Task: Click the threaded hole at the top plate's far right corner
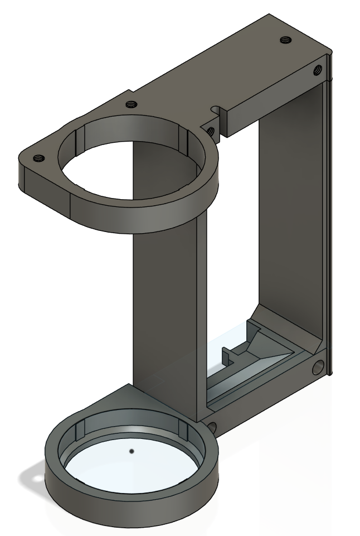pos(286,40)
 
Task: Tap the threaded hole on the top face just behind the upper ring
pos(131,104)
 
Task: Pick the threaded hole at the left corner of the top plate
pos(38,158)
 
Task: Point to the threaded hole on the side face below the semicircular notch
pos(211,132)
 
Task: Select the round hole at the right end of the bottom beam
pos(318,366)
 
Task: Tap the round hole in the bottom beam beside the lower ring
pos(212,428)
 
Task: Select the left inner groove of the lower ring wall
pos(78,432)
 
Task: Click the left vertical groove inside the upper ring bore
pos(79,139)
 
